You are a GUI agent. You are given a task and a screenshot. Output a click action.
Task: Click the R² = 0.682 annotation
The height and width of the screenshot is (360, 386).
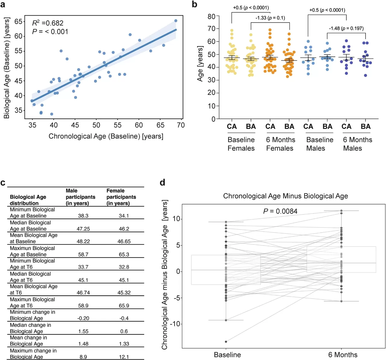[x=48, y=23]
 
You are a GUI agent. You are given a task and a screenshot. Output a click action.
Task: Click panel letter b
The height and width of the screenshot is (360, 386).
[x=195, y=4]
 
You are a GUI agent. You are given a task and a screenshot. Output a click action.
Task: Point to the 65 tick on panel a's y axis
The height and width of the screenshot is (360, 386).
[x=18, y=21]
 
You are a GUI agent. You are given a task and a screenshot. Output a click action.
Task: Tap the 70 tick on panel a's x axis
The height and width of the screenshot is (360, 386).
[x=181, y=125]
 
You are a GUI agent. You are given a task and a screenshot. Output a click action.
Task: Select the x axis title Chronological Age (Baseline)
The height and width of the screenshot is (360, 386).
[x=106, y=136]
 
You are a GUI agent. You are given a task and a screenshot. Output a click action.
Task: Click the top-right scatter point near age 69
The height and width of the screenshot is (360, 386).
[x=176, y=21]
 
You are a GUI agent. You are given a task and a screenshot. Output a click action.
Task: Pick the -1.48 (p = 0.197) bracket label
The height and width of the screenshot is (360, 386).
[x=346, y=28]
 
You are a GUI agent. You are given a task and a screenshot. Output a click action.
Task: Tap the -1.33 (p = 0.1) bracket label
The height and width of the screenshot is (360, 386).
[x=270, y=18]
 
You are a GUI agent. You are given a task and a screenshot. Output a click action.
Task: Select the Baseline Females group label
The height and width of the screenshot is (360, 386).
[x=241, y=144]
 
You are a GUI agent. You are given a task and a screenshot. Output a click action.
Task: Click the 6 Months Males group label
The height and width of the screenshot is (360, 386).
[x=357, y=144]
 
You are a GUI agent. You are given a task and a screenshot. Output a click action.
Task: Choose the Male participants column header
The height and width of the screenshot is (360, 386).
[x=80, y=197]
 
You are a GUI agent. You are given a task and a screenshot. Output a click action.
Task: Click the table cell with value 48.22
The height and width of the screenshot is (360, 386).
[x=83, y=242]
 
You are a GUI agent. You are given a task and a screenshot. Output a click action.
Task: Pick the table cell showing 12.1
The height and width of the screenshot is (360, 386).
[x=124, y=357]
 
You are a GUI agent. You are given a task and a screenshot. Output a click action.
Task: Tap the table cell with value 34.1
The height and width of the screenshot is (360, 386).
[x=124, y=216]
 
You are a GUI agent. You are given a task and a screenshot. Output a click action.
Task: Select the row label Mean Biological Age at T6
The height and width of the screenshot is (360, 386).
[x=33, y=289]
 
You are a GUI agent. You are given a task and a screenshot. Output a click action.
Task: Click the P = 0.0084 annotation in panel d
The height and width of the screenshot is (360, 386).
[x=280, y=211]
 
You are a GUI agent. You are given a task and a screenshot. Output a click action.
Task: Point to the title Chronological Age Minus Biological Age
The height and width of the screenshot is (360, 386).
[x=285, y=196]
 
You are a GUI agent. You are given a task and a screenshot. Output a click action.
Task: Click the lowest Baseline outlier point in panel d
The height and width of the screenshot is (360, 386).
[x=226, y=342]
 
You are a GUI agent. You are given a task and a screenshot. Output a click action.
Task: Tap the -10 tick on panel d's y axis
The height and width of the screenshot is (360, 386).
[x=175, y=324]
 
